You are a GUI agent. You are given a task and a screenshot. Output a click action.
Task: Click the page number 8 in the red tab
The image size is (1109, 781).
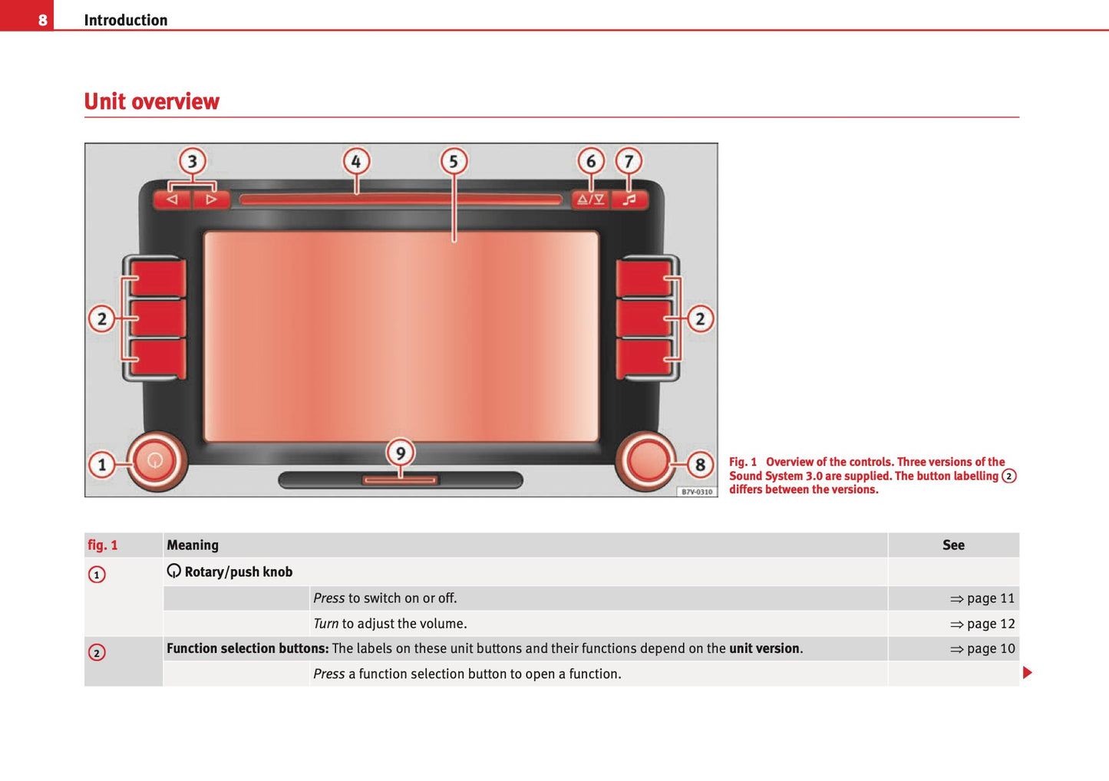(x=43, y=20)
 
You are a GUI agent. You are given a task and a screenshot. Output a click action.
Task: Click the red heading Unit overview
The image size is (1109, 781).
(x=151, y=101)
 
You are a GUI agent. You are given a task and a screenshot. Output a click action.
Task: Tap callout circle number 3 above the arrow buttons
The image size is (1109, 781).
(x=193, y=161)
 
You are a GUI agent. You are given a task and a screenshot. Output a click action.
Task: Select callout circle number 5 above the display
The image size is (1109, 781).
(x=454, y=161)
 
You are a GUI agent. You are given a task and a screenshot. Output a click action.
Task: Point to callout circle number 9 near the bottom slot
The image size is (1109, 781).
(x=400, y=452)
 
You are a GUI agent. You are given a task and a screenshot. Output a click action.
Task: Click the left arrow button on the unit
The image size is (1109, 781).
(x=173, y=199)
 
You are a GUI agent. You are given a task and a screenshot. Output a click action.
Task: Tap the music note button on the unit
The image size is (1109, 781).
(x=629, y=199)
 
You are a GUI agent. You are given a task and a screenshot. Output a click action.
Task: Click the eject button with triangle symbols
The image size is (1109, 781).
(x=590, y=199)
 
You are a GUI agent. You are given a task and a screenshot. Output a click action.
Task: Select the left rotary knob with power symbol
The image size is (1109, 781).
(x=155, y=460)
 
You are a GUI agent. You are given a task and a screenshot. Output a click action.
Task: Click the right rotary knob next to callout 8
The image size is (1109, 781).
(x=646, y=460)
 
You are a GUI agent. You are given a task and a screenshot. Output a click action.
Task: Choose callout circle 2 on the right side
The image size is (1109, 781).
(x=699, y=318)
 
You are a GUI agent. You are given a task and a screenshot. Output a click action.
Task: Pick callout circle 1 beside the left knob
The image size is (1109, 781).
(x=102, y=464)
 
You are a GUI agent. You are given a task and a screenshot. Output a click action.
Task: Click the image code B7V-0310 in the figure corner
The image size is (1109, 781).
(x=697, y=492)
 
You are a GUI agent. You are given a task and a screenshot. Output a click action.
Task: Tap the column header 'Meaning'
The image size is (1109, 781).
(x=193, y=545)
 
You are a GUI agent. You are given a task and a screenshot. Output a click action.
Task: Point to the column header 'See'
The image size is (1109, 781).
(x=953, y=545)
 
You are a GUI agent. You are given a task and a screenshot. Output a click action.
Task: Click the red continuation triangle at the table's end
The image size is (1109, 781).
(x=1028, y=673)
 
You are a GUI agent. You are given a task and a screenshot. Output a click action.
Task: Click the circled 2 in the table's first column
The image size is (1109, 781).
(x=97, y=653)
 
